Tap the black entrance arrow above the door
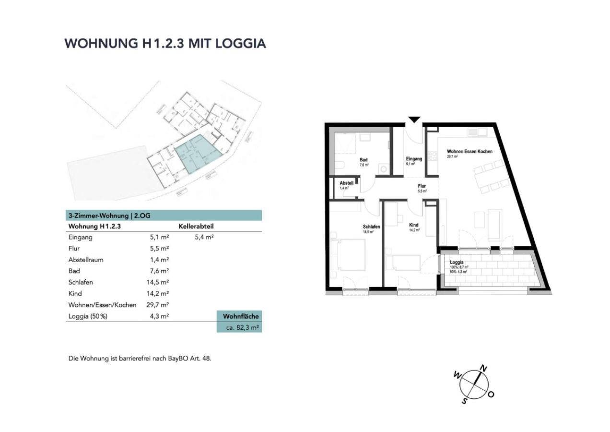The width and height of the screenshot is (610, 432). pyautogui.click(x=414, y=120)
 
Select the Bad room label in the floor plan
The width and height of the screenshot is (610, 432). pyautogui.click(x=364, y=160)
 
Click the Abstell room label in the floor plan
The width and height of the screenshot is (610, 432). pyautogui.click(x=346, y=183)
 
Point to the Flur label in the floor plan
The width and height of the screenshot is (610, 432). pyautogui.click(x=422, y=186)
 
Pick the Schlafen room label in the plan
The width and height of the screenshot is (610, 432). pyautogui.click(x=372, y=226)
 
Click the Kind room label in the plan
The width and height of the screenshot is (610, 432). pyautogui.click(x=414, y=225)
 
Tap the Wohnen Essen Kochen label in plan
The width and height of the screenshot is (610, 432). pyautogui.click(x=469, y=152)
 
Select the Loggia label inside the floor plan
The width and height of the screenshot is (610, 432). pyautogui.click(x=457, y=263)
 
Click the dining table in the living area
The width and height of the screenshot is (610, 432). pyautogui.click(x=490, y=176)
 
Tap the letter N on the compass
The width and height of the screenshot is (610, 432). pyautogui.click(x=484, y=369)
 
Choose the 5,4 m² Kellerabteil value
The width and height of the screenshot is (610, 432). pyautogui.click(x=204, y=237)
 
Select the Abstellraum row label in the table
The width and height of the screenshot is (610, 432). pyautogui.click(x=86, y=260)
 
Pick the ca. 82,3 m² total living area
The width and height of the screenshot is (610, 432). pyautogui.click(x=243, y=328)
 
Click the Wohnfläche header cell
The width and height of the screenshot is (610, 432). pyautogui.click(x=241, y=316)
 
